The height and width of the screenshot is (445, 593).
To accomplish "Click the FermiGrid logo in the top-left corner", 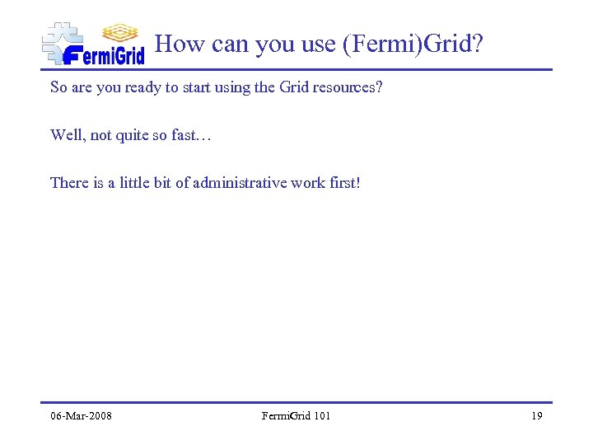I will (93, 44).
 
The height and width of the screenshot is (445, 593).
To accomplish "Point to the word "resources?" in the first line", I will (347, 87).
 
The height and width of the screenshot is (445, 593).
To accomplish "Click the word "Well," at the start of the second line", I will (68, 134).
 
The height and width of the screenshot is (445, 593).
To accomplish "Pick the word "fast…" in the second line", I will (192, 134).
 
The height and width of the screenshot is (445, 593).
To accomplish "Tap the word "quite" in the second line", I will (132, 134).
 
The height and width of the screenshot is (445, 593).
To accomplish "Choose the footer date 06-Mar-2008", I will (81, 415).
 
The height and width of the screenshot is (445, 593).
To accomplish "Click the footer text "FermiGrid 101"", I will (296, 415).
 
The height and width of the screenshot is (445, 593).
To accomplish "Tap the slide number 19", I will (536, 415).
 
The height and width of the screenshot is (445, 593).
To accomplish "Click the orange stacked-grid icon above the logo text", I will (120, 32).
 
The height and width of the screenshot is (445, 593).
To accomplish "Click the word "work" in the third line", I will (304, 182).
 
